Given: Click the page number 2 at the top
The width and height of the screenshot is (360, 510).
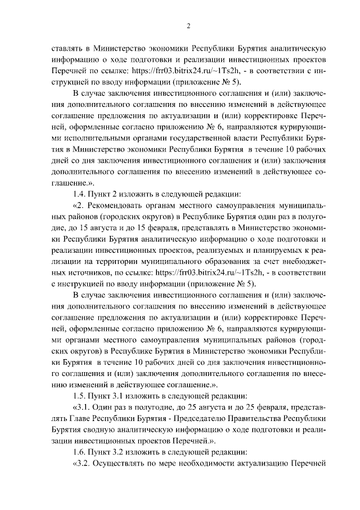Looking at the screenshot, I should click(x=189, y=25).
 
